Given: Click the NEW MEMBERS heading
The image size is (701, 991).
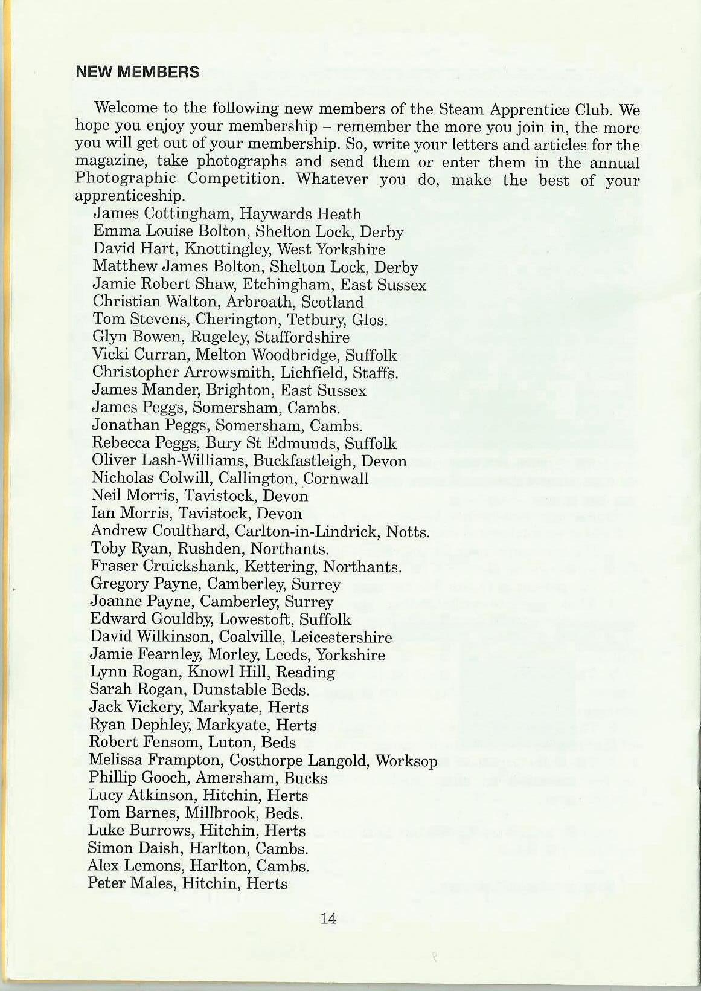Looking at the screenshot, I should click(137, 73).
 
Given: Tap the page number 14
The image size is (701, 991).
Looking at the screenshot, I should click(328, 918).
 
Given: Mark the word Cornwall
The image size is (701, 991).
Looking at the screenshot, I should click(336, 479).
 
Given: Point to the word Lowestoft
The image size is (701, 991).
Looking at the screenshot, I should click(255, 620).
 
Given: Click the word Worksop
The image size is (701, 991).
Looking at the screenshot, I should click(406, 760).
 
